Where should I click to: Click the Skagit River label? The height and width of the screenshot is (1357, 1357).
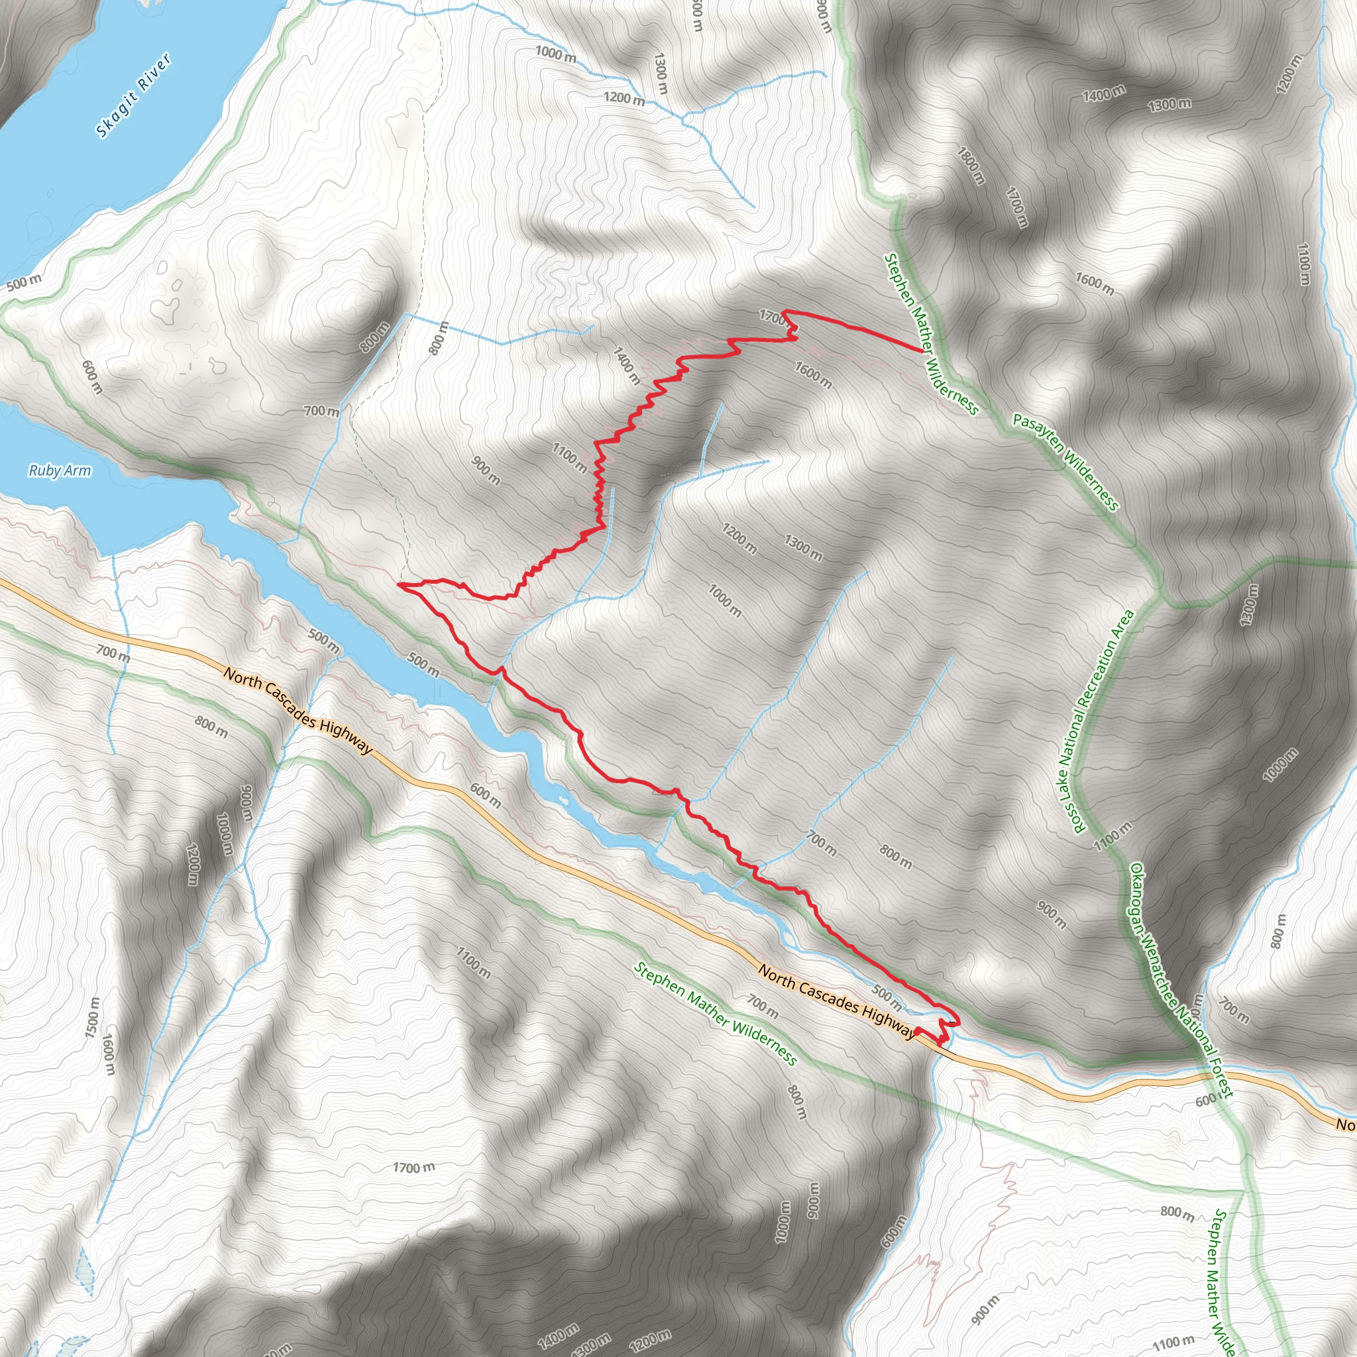point(133,95)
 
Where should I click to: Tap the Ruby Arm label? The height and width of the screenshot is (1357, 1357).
point(60,470)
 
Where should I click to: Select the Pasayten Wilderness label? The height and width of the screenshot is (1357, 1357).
point(1065,461)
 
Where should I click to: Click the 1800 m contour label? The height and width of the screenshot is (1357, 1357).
point(971,166)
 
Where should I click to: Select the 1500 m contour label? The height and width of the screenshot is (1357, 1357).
point(92,1016)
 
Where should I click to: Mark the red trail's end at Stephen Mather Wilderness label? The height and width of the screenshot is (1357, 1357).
point(922,349)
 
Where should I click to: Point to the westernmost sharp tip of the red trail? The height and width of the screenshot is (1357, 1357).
point(399,584)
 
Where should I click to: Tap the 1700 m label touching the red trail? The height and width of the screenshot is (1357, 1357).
point(773,317)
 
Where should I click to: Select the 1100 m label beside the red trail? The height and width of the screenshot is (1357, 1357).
point(569,457)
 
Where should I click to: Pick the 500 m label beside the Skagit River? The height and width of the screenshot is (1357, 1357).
point(24,282)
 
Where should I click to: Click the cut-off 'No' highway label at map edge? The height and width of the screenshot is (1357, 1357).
point(1344,1124)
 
